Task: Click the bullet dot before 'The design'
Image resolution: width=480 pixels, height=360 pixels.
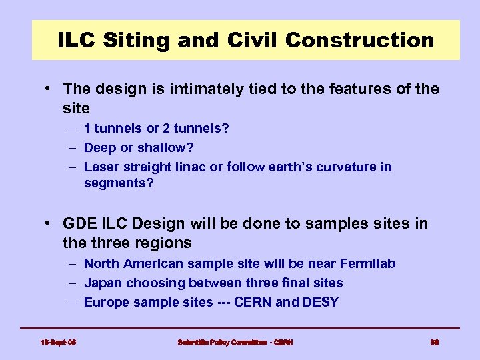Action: pyautogui.click(x=50, y=89)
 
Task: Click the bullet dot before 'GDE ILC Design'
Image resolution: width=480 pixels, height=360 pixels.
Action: pyautogui.click(x=50, y=224)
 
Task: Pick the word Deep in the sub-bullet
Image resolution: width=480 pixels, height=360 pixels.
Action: pyautogui.click(x=99, y=147)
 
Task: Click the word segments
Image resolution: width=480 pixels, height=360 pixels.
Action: pyautogui.click(x=116, y=183)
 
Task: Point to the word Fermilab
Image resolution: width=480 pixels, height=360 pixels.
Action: pyautogui.click(x=367, y=263)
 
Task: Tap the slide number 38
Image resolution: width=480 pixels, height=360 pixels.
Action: pyautogui.click(x=434, y=342)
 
